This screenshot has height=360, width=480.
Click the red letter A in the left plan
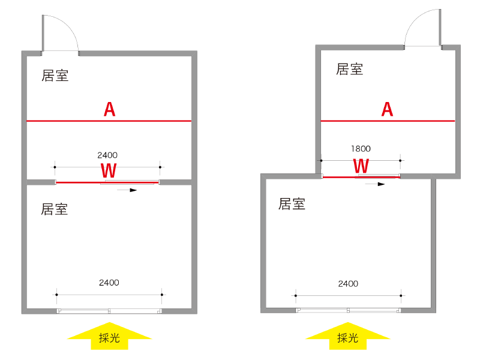coord(109,109)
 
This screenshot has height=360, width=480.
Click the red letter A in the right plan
coord(388,109)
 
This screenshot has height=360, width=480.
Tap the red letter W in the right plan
coord(361,166)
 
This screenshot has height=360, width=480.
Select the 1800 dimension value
coord(361,149)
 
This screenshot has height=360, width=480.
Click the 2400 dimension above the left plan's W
coord(107,155)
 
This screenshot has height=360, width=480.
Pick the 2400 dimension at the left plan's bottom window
coord(109,283)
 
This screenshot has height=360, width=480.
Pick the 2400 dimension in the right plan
coord(348,284)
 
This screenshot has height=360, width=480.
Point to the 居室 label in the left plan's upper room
coord(55,76)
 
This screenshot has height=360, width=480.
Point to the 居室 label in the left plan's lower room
coord(55,209)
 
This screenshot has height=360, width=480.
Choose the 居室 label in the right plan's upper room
coord(350,69)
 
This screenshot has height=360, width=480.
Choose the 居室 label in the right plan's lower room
coord(292,204)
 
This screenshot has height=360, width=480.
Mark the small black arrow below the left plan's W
coord(127,190)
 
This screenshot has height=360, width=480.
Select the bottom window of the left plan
coord(109,311)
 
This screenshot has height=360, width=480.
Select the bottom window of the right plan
coord(348,310)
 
